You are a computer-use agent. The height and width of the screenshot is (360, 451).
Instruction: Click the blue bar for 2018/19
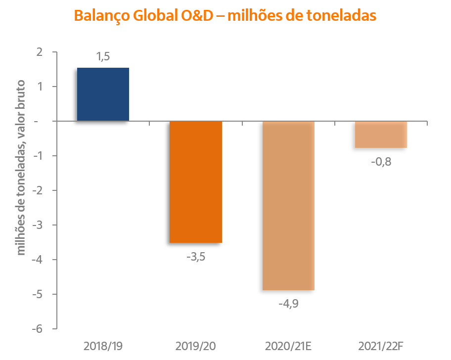click(x=103, y=94)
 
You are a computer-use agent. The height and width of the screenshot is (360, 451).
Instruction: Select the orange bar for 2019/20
click(x=196, y=182)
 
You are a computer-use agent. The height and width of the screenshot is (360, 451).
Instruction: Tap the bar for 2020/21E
click(x=289, y=206)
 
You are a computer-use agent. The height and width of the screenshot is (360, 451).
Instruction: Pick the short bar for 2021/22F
click(x=381, y=135)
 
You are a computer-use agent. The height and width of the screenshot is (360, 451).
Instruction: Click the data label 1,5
click(x=103, y=57)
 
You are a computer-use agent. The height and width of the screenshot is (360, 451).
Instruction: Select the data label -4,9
click(x=289, y=303)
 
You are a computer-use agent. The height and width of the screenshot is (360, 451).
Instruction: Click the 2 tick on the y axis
click(x=40, y=52)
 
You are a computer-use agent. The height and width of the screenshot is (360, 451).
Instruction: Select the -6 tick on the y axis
click(x=38, y=329)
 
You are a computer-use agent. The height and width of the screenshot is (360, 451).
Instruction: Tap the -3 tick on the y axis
click(x=38, y=225)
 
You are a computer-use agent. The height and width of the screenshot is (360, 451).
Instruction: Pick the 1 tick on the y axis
click(x=40, y=87)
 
